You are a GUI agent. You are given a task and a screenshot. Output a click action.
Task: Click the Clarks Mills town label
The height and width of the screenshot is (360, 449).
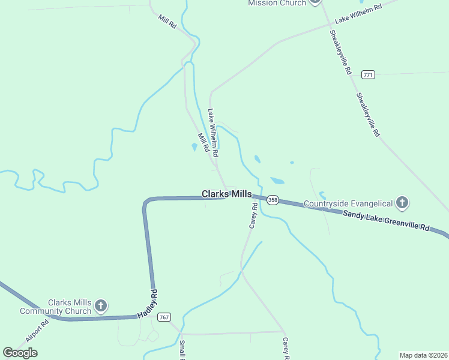(226, 194)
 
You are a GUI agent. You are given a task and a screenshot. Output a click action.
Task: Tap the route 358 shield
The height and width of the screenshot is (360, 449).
(273, 200)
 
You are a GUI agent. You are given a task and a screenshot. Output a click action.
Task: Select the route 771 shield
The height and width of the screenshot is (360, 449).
(368, 74)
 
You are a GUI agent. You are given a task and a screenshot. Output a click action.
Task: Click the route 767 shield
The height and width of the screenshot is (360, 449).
(165, 317)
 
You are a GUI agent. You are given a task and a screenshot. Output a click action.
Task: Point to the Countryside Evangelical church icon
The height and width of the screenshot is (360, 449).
(403, 203)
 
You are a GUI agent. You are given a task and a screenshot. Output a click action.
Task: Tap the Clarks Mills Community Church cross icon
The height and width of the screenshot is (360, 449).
(101, 307)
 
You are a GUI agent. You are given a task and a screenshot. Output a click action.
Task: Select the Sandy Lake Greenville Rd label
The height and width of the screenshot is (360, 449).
(387, 220)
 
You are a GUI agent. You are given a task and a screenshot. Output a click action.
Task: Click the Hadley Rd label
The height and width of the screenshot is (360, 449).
(147, 304)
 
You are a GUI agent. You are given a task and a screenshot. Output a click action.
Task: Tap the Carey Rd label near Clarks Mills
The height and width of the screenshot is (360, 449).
(253, 215)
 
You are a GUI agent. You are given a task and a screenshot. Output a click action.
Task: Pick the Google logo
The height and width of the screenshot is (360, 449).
(20, 353)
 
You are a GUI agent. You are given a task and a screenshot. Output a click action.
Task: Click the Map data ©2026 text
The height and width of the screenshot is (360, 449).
(423, 355)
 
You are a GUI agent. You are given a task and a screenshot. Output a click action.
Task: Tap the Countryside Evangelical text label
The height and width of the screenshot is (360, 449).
(348, 203)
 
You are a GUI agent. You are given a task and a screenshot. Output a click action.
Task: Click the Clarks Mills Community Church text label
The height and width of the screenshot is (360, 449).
(55, 307)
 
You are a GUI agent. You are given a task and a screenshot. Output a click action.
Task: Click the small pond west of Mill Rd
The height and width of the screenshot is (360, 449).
(194, 146)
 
